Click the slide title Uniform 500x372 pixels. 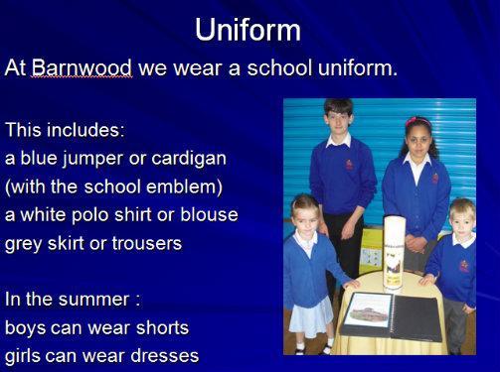pos(248,30)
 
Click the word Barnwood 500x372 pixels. pos(82,67)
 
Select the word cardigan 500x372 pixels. pos(189,159)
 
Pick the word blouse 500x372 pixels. pos(209,215)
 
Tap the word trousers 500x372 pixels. pos(147,244)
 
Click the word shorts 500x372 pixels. pos(162,327)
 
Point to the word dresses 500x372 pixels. pos(165,356)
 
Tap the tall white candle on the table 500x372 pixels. pos(395,253)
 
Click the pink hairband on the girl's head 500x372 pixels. pos(418,121)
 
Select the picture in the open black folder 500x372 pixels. pos(368,310)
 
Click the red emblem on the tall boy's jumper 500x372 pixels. pos(349,165)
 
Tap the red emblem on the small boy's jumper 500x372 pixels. pos(464,266)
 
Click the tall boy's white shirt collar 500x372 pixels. pos(339,140)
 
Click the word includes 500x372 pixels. pos(85,130)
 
